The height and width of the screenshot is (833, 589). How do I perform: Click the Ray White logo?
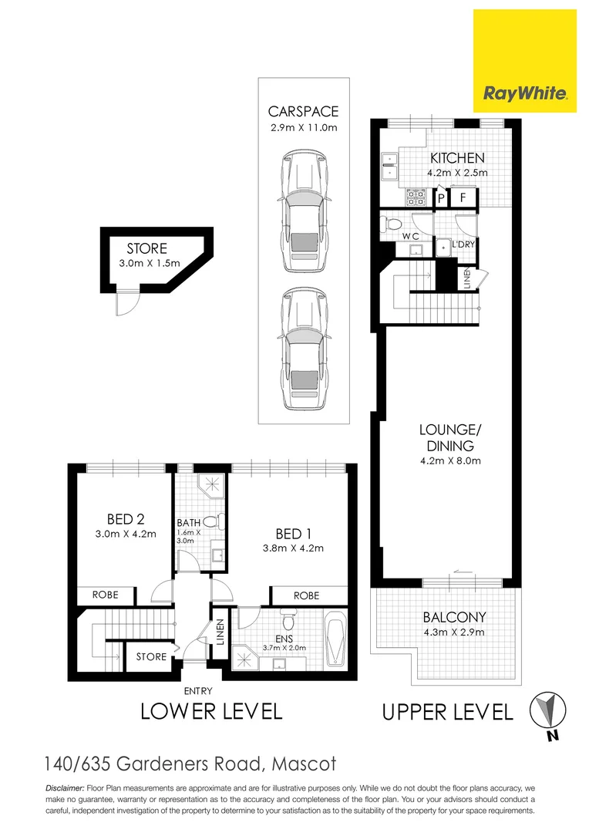click(x=524, y=60)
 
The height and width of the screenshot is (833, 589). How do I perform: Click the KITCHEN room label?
click(x=458, y=158)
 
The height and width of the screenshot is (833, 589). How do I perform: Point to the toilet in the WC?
click(x=392, y=224)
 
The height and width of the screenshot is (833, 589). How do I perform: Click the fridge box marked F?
click(x=463, y=197)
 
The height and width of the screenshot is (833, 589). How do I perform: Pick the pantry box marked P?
click(x=442, y=197)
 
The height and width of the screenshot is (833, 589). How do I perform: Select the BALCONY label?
click(x=454, y=617)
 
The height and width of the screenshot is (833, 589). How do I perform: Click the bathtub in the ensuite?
click(x=336, y=638)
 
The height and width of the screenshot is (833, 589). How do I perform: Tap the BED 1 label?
click(x=294, y=534)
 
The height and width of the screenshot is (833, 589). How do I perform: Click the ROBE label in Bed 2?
click(x=105, y=595)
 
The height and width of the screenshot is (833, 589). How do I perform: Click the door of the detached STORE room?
click(x=124, y=304)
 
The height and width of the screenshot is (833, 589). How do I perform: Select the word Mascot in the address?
click(x=303, y=764)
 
